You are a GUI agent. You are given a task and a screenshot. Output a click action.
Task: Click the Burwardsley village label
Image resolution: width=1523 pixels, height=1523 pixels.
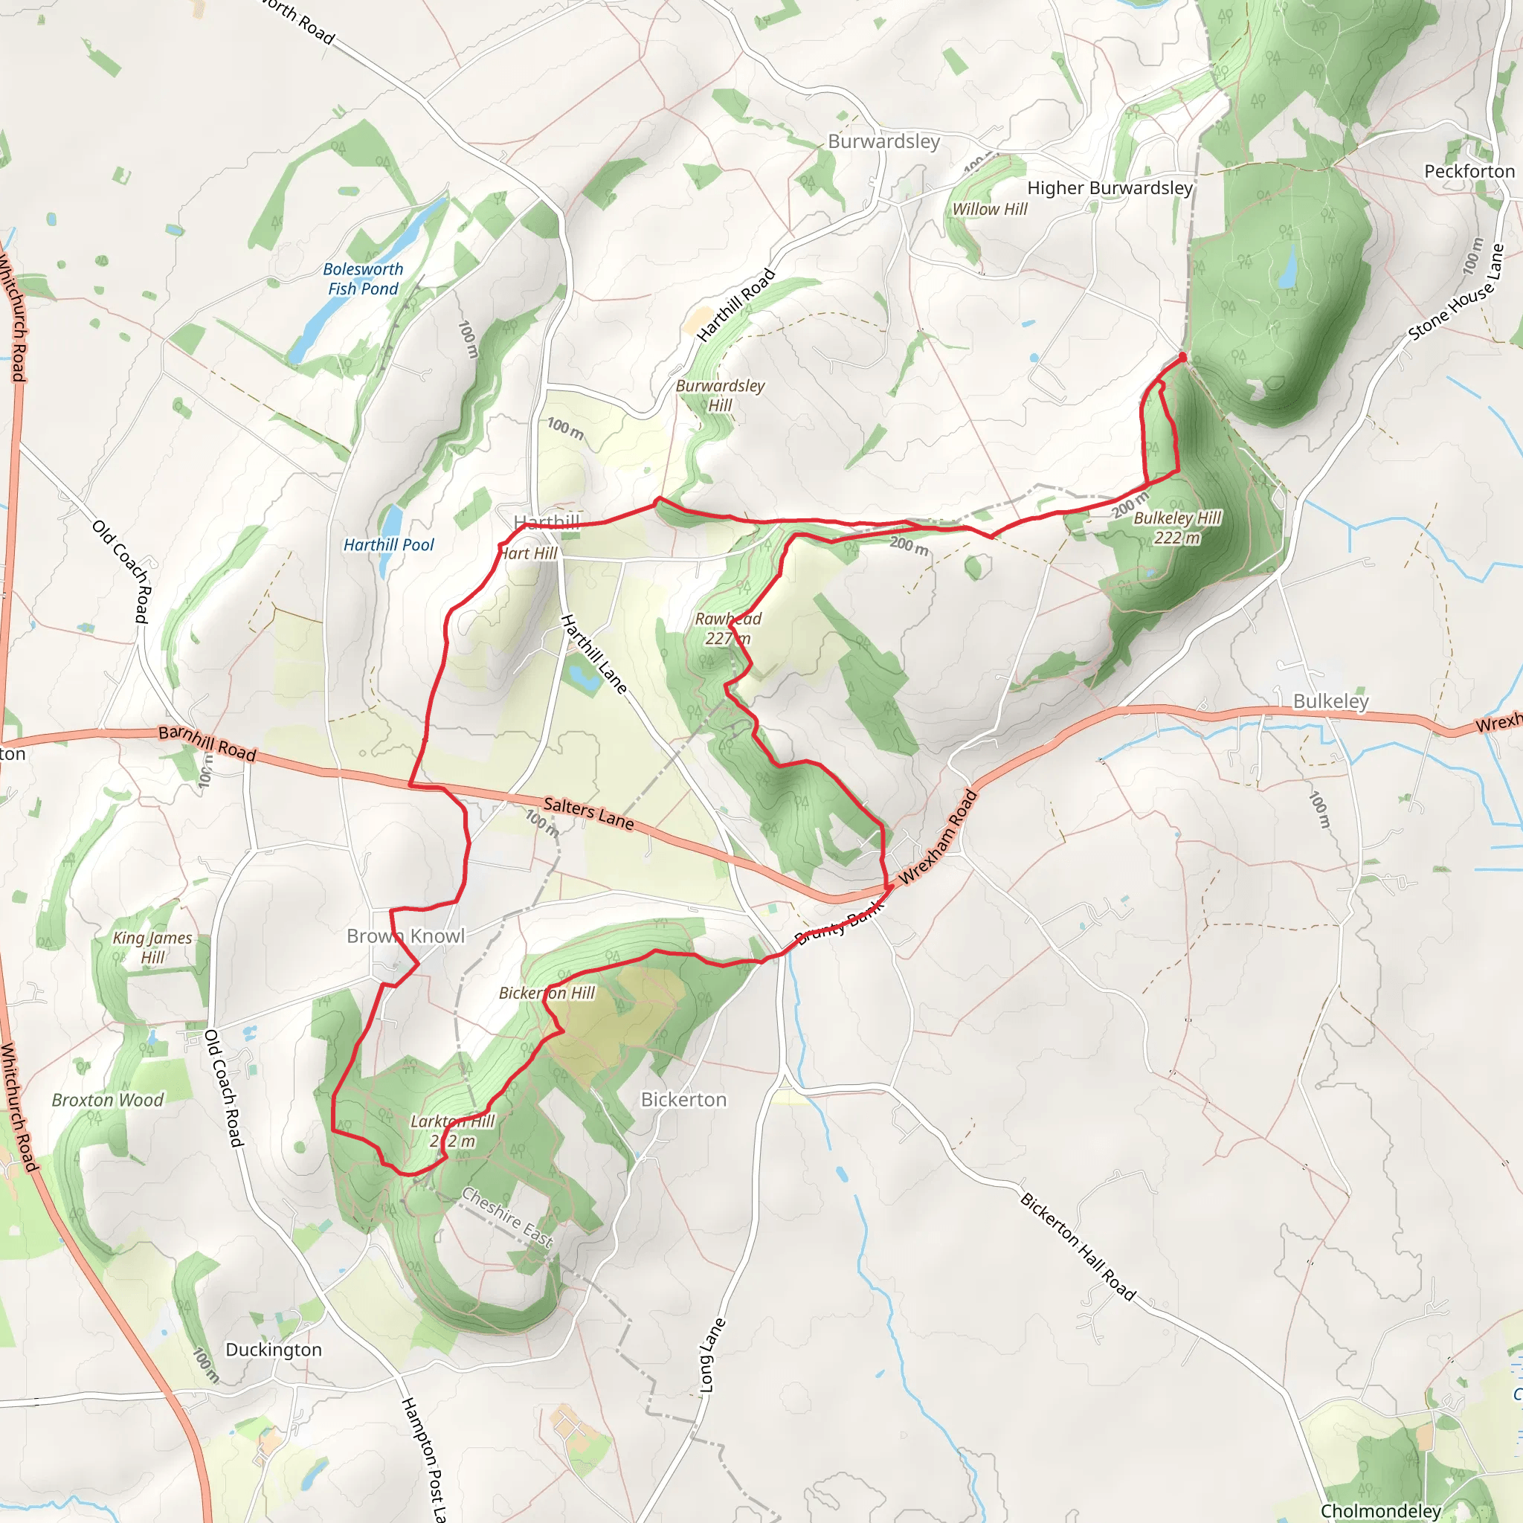pos(883,141)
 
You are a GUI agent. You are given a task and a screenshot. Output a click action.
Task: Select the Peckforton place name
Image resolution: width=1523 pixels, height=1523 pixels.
pos(1469,171)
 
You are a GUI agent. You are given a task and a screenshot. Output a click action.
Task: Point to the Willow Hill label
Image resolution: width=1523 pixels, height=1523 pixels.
pos(989,209)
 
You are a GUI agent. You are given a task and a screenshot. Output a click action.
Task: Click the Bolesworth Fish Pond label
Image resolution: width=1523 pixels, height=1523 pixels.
pos(364,279)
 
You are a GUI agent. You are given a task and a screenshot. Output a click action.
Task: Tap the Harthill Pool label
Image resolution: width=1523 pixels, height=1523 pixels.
pos(389,544)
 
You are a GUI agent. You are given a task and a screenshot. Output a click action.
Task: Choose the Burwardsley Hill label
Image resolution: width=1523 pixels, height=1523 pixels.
pos(720,395)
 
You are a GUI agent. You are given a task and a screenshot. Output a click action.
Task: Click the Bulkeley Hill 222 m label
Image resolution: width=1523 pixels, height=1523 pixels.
pos(1177,527)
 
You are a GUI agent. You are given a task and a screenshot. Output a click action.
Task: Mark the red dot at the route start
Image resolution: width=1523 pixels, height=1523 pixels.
pos(1182,357)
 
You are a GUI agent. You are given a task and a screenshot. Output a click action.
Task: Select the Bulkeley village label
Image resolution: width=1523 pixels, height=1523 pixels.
pos(1330,701)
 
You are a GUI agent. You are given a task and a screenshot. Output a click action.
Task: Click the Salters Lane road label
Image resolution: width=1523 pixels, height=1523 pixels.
pos(589,814)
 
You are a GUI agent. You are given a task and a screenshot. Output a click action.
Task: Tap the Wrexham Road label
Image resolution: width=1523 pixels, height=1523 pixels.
pos(938,837)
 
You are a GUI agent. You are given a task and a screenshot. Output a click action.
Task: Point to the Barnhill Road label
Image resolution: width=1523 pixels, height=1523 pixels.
pos(207,744)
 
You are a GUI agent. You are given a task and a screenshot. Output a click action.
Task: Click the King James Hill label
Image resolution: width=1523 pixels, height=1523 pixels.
pos(152,947)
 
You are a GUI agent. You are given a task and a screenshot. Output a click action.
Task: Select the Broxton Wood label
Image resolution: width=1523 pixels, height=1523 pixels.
pos(108,1100)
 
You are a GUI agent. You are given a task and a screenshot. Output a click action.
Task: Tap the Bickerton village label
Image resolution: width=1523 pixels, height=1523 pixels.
pos(683,1099)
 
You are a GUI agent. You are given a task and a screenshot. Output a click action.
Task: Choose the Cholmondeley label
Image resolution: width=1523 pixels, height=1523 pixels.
pos(1380,1510)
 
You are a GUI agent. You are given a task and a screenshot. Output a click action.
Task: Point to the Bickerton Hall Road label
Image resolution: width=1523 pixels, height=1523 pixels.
pos(1078,1246)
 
